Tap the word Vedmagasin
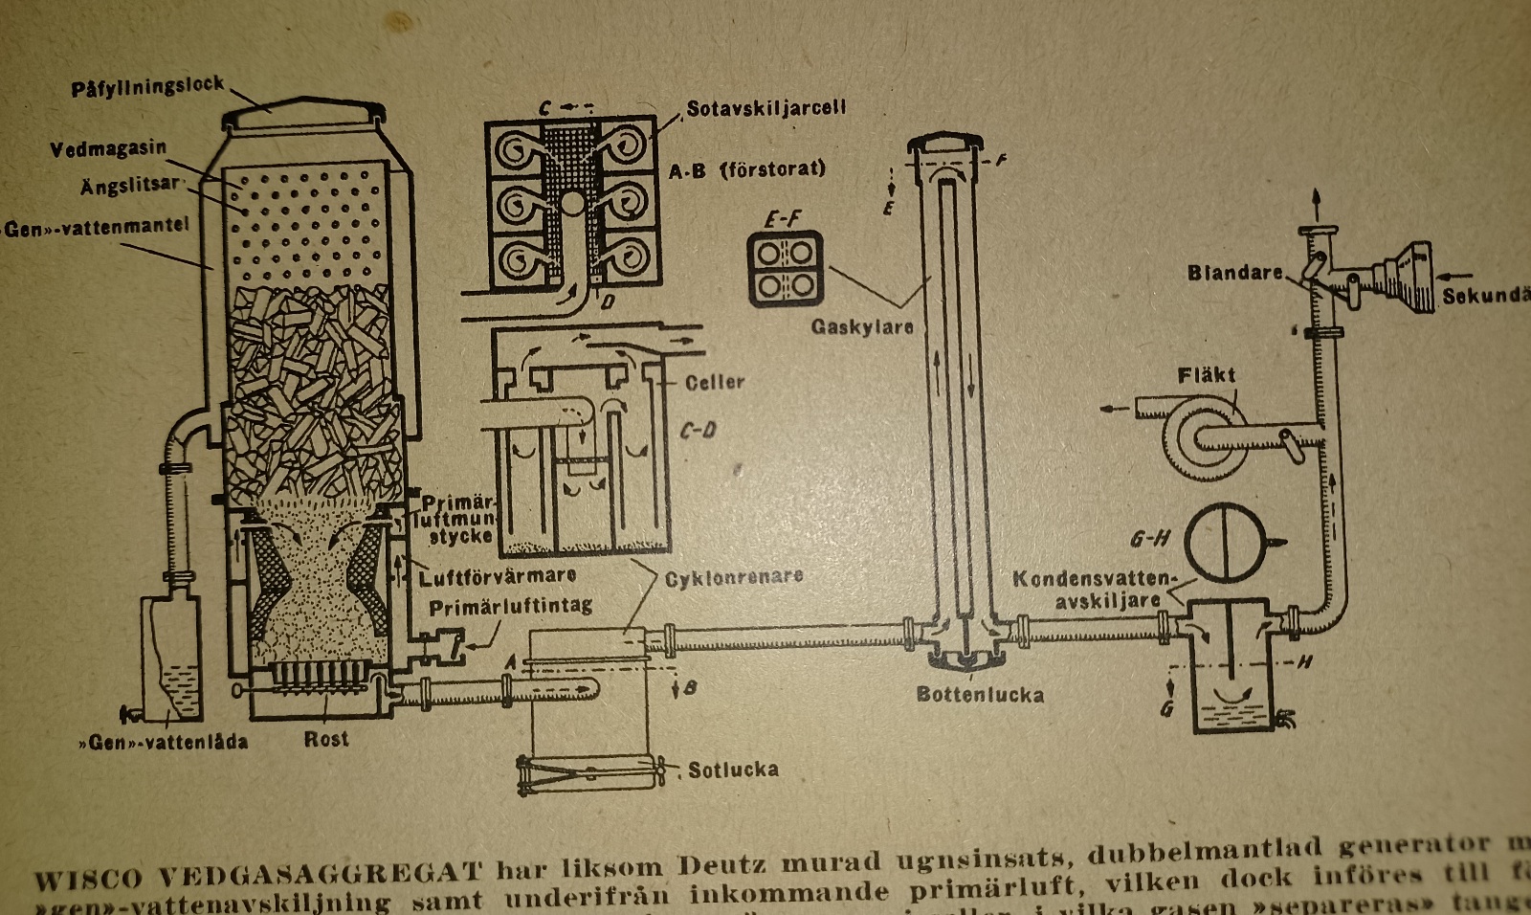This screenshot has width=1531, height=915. coord(108,149)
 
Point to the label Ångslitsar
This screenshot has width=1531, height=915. coord(129,185)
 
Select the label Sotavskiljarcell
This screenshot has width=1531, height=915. coord(765,108)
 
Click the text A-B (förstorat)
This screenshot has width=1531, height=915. coord(746,169)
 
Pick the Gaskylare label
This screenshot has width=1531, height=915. coord(862,326)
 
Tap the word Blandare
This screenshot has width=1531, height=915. coord(1234,273)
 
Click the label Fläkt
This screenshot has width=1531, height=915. coord(1207,374)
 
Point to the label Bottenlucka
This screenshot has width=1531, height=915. coord(979,694)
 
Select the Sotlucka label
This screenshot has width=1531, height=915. coord(733,769)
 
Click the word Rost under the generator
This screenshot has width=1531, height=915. coord(326,739)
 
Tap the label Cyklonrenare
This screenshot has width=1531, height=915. coord(734,577)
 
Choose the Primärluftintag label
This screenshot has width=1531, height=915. coord(510,607)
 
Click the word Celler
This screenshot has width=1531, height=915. coord(714,382)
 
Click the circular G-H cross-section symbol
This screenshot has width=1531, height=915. coord(1226,543)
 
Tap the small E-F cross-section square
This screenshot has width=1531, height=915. coord(786,269)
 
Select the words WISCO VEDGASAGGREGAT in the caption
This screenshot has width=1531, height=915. coord(258,874)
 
